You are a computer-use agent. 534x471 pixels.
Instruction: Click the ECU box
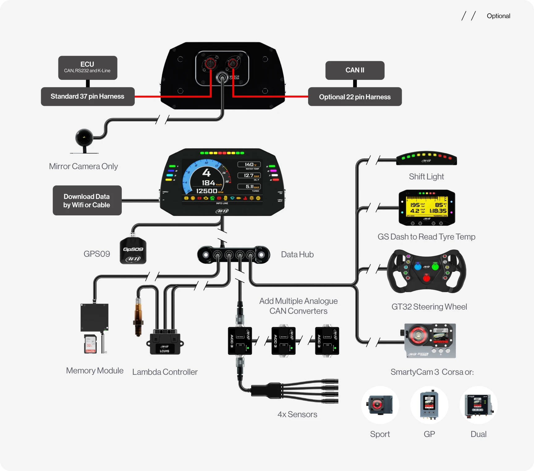click(x=87, y=67)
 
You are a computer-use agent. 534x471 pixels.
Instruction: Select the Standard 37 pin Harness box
click(x=87, y=97)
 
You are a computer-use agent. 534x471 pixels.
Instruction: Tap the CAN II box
click(x=355, y=70)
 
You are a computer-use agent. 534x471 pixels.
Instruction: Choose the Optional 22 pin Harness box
click(x=355, y=97)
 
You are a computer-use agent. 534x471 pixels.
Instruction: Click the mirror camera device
click(x=84, y=138)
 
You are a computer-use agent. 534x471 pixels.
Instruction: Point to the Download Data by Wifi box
click(x=87, y=201)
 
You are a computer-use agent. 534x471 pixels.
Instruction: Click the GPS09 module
click(x=133, y=251)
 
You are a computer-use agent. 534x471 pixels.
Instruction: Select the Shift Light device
click(x=426, y=158)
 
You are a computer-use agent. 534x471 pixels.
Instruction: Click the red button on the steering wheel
click(x=426, y=278)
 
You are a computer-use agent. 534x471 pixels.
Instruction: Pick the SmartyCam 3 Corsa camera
click(x=430, y=341)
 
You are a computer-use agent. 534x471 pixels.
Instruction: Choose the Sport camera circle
click(x=380, y=405)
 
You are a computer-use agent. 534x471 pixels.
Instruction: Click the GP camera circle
click(x=429, y=405)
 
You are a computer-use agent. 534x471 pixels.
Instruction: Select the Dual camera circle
click(x=478, y=405)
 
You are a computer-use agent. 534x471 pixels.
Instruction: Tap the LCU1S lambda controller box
click(x=165, y=344)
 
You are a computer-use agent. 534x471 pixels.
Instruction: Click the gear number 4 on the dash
click(x=206, y=172)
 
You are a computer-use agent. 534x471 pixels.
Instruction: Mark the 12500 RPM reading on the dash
click(x=207, y=191)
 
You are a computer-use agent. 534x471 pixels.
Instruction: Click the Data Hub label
click(x=297, y=254)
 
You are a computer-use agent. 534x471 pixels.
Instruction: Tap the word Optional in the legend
click(x=498, y=16)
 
